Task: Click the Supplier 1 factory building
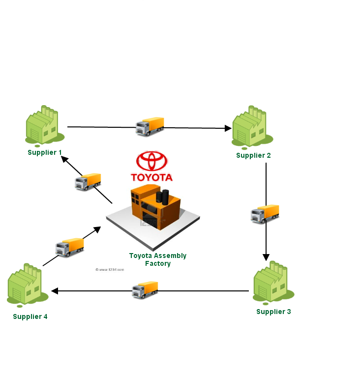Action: (42, 127)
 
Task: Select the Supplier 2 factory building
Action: (249, 128)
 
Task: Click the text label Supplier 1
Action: (45, 152)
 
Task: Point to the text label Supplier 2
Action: (253, 155)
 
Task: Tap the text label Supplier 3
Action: (273, 312)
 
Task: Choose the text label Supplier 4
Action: (30, 316)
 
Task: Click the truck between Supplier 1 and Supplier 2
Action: (150, 127)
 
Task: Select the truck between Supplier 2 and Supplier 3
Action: (265, 214)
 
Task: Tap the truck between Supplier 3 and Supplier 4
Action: (145, 290)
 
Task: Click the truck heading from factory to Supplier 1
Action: (88, 182)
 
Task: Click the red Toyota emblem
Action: (152, 161)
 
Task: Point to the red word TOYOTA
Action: (151, 177)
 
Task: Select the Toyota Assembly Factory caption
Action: (158, 259)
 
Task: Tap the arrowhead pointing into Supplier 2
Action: (228, 128)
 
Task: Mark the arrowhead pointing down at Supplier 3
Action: (266, 257)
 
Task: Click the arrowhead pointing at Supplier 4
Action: (55, 291)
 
